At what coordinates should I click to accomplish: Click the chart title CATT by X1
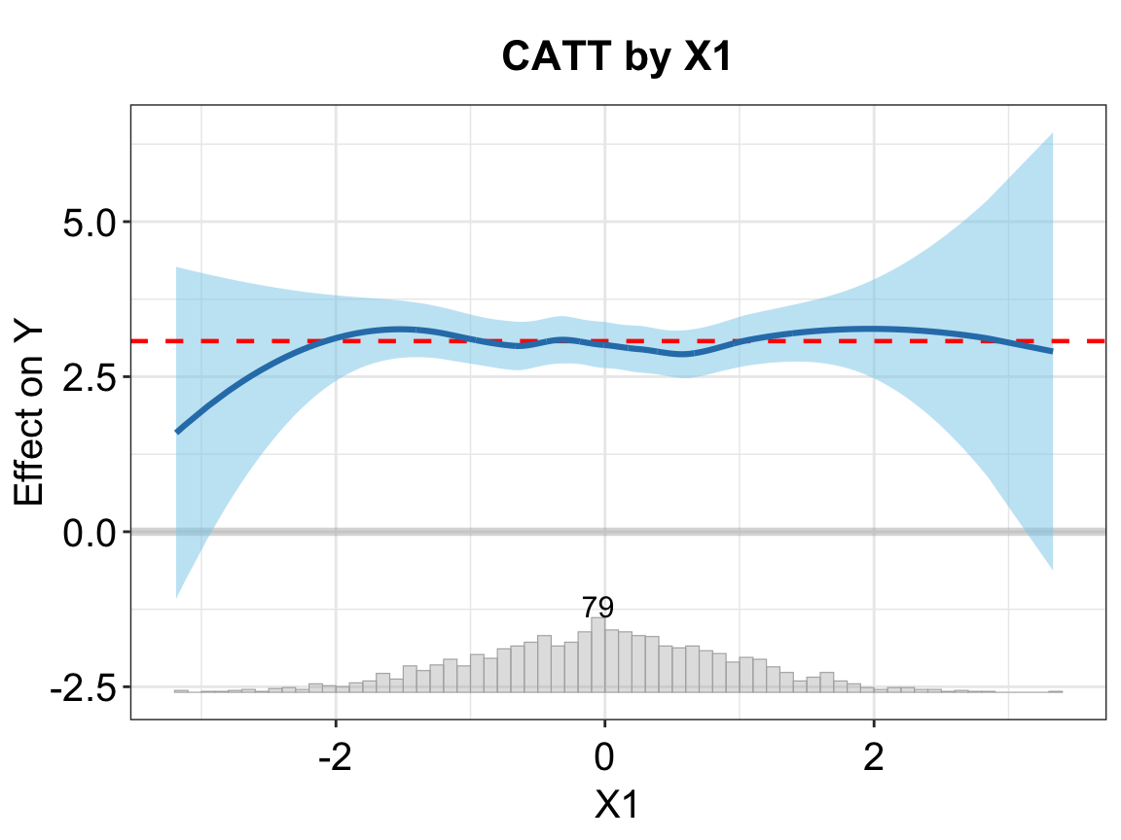(x=615, y=57)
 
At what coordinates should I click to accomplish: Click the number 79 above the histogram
(x=597, y=608)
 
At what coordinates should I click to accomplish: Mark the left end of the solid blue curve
(x=177, y=432)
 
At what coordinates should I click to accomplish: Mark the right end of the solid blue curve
(x=1052, y=351)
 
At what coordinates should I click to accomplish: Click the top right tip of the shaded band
(x=1052, y=134)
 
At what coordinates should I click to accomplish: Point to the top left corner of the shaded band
(x=177, y=267)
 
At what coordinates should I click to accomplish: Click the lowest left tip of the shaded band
(x=177, y=596)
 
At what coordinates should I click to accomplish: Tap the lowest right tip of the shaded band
(x=1052, y=569)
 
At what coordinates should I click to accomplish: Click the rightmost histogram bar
(x=1055, y=691)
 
